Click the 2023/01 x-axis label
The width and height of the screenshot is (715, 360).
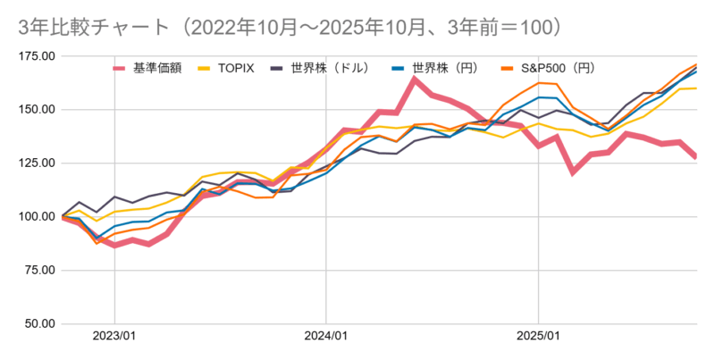(114, 337)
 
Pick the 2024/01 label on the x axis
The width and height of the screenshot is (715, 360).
(326, 337)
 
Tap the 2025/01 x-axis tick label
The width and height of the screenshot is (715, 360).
(538, 337)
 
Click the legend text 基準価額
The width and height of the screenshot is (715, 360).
(158, 68)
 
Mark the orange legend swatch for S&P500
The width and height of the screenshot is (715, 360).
(505, 68)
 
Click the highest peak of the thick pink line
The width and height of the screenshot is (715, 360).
(415, 80)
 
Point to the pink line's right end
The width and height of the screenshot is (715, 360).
(696, 156)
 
